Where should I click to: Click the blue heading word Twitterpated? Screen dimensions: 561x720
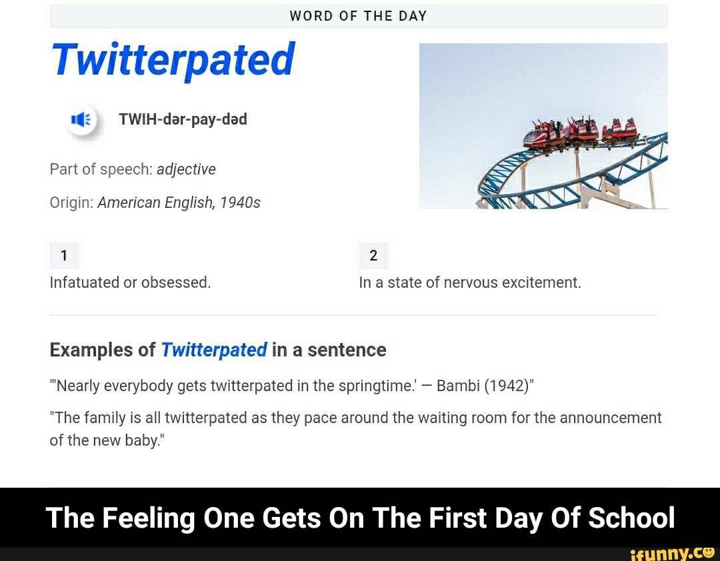pos(173,60)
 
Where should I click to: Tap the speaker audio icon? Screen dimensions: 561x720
pos(81,120)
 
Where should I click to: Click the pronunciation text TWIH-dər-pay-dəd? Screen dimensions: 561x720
pos(183,119)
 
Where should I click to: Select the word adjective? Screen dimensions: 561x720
pos(186,169)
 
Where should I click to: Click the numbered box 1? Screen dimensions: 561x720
pos(64,255)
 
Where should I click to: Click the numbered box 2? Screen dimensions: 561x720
pos(373,255)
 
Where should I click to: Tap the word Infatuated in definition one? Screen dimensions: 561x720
pos(85,282)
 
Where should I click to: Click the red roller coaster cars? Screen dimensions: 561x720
pos(580,131)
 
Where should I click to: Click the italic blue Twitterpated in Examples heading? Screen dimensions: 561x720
pos(214,350)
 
